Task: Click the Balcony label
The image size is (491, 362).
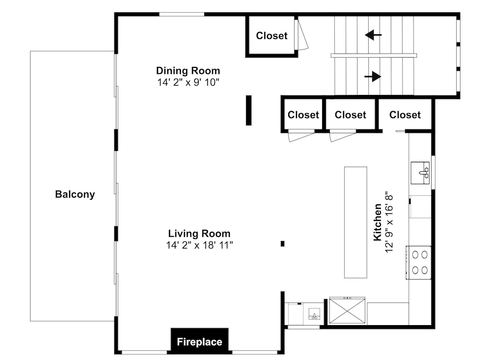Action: tap(75, 194)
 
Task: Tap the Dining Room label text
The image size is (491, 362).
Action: tap(188, 71)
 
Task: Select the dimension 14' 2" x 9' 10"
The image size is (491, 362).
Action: tap(188, 82)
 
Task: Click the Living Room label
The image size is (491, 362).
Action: tap(199, 234)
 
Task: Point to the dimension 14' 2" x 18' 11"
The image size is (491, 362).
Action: tap(199, 245)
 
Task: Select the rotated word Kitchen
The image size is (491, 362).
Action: tap(378, 222)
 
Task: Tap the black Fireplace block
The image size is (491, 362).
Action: tap(199, 341)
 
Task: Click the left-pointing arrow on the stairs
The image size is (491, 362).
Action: tap(373, 35)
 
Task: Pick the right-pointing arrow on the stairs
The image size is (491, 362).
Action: tap(373, 76)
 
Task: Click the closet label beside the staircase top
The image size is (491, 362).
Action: tap(272, 36)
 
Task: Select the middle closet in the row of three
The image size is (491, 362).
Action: tap(351, 115)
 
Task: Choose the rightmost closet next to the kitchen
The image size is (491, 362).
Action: tap(405, 115)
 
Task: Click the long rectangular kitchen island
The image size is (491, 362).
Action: tap(355, 222)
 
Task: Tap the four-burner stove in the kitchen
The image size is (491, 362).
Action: tap(419, 263)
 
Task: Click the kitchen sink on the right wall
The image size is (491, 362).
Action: tap(420, 173)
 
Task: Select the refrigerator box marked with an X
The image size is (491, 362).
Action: tap(347, 310)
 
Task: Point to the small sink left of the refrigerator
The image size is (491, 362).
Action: tap(314, 314)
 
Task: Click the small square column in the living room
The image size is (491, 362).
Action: tap(282, 243)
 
